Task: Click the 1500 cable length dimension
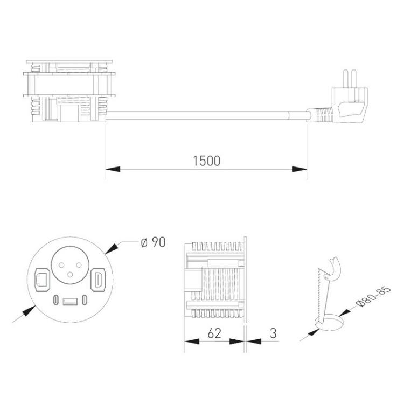[x=207, y=161]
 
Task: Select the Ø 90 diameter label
[x=152, y=243]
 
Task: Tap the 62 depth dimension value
[x=214, y=333]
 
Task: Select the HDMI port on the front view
[x=99, y=280]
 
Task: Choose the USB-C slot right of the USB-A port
[x=85, y=300]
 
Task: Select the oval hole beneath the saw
[x=329, y=323]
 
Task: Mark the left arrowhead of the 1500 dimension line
[x=110, y=169]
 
